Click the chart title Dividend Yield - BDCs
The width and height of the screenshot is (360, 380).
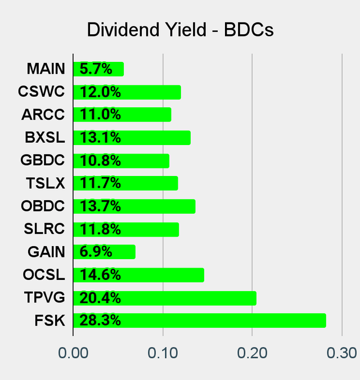(x=180, y=30)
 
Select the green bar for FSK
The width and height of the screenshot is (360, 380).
(x=200, y=320)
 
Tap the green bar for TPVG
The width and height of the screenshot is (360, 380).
(x=165, y=298)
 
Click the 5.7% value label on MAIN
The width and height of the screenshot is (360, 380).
(x=96, y=69)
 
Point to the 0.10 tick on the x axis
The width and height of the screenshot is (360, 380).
(x=163, y=353)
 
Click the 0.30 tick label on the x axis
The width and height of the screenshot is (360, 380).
(x=342, y=353)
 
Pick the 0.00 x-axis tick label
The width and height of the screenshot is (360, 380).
(x=73, y=353)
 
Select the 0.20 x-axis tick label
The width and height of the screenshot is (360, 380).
(x=252, y=353)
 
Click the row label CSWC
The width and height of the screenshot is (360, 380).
(x=41, y=92)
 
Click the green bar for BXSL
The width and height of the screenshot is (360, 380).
(x=132, y=138)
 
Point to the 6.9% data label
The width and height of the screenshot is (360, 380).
(x=96, y=252)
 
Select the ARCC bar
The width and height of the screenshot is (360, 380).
(x=122, y=115)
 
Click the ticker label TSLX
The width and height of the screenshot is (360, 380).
(x=45, y=183)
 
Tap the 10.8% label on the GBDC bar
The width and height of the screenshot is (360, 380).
(x=100, y=161)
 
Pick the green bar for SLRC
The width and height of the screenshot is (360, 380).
(x=126, y=229)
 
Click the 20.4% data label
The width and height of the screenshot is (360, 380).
(x=100, y=298)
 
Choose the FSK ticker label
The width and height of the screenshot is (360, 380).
(x=49, y=320)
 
